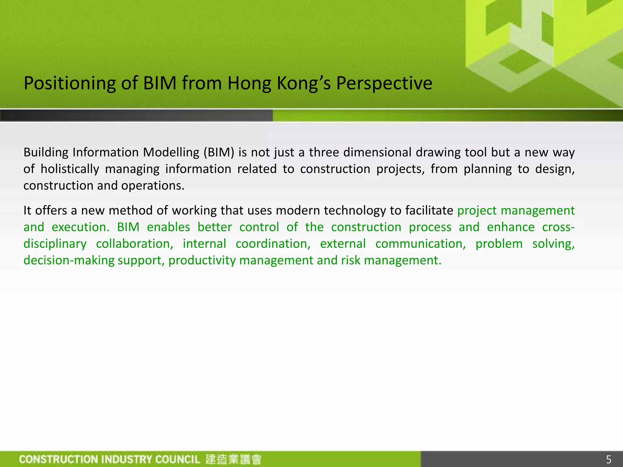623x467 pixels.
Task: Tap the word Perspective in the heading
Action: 384,83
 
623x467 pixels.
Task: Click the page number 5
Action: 608,459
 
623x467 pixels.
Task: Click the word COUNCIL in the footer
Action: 178,459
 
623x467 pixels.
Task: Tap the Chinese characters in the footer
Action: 233,459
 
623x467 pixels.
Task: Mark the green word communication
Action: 420,244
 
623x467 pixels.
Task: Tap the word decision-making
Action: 69,261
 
